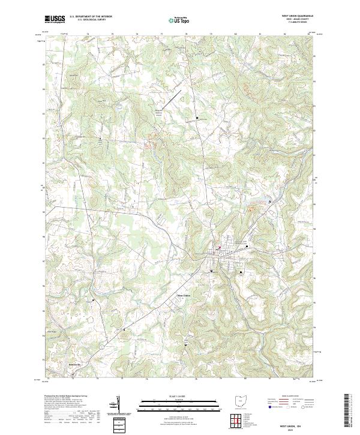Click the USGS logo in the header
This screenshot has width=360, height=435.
(x=55, y=20)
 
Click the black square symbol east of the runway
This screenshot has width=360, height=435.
(x=197, y=118)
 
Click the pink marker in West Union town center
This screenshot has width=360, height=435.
(x=219, y=247)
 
